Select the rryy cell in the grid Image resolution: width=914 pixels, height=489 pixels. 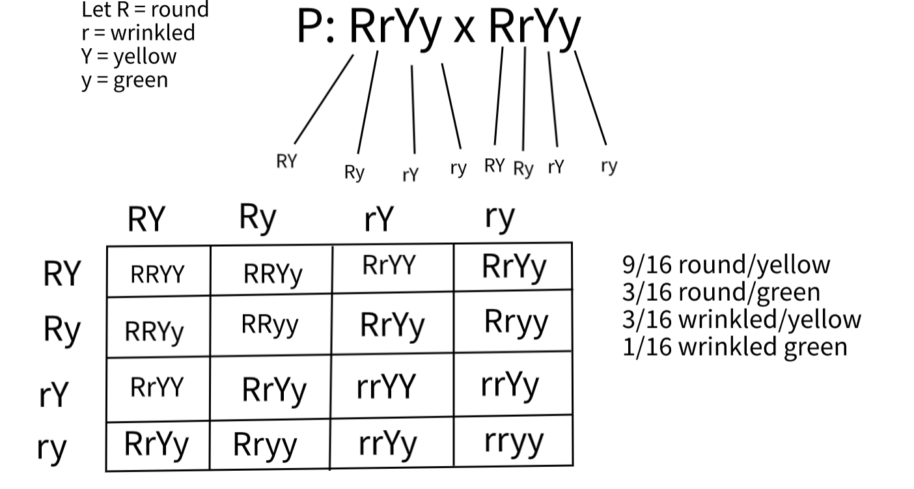[x=514, y=441]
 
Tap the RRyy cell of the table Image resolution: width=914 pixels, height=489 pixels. [x=270, y=324]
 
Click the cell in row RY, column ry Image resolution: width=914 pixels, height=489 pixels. [x=514, y=267]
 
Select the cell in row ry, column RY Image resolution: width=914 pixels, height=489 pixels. [x=156, y=444]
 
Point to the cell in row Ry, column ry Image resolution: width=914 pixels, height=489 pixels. [x=516, y=322]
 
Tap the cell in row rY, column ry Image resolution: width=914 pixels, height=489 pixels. [x=510, y=385]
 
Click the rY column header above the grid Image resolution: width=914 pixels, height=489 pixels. [x=379, y=220]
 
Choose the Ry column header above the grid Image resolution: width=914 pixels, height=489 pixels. [x=258, y=217]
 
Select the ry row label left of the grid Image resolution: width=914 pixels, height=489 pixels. [x=52, y=448]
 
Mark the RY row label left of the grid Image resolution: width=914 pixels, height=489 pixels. [x=61, y=274]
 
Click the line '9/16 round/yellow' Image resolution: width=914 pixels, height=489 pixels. [x=726, y=264]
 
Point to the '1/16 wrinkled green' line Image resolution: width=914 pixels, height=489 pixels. [x=735, y=346]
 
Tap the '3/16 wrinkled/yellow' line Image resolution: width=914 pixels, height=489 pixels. [x=741, y=319]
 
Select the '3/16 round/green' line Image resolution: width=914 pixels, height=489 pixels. [x=721, y=292]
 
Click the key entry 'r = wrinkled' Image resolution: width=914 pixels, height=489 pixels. [x=138, y=32]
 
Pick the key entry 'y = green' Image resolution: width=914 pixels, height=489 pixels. [x=124, y=80]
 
